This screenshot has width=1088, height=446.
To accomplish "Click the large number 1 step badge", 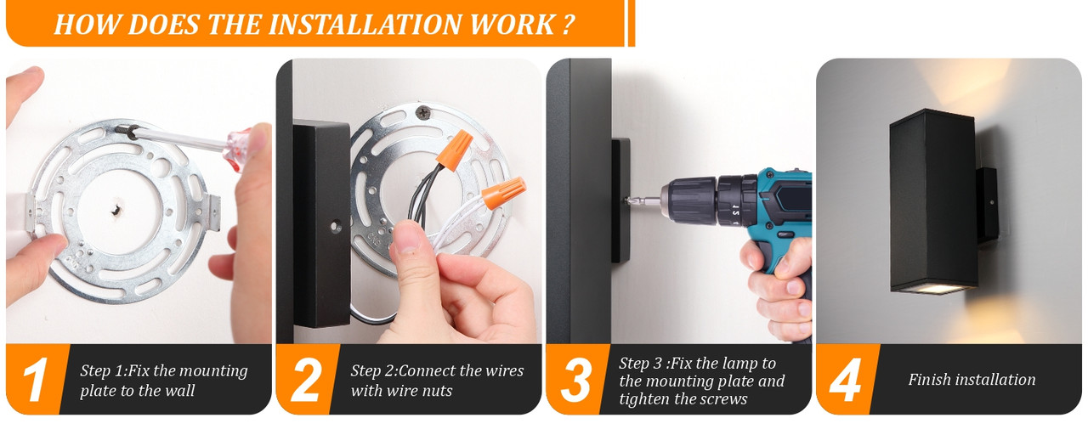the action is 35,380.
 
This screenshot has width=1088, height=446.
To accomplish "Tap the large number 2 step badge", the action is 305,380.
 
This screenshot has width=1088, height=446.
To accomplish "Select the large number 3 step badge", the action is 575,380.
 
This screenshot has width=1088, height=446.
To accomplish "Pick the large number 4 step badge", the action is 845,380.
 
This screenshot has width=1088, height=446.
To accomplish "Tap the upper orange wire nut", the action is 455,150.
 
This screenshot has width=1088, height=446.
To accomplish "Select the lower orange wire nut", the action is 504,192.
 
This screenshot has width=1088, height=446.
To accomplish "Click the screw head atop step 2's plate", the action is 423,113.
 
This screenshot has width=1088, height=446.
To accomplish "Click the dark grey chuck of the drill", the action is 693,200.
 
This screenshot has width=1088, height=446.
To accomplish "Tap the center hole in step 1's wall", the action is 117,210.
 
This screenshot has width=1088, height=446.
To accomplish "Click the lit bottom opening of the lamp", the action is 932,289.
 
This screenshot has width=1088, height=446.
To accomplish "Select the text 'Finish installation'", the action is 972,379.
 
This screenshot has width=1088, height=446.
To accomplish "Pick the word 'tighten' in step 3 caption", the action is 644,399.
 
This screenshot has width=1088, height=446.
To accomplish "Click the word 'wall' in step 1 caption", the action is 179,390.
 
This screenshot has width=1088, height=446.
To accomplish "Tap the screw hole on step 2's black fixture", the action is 336,226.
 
